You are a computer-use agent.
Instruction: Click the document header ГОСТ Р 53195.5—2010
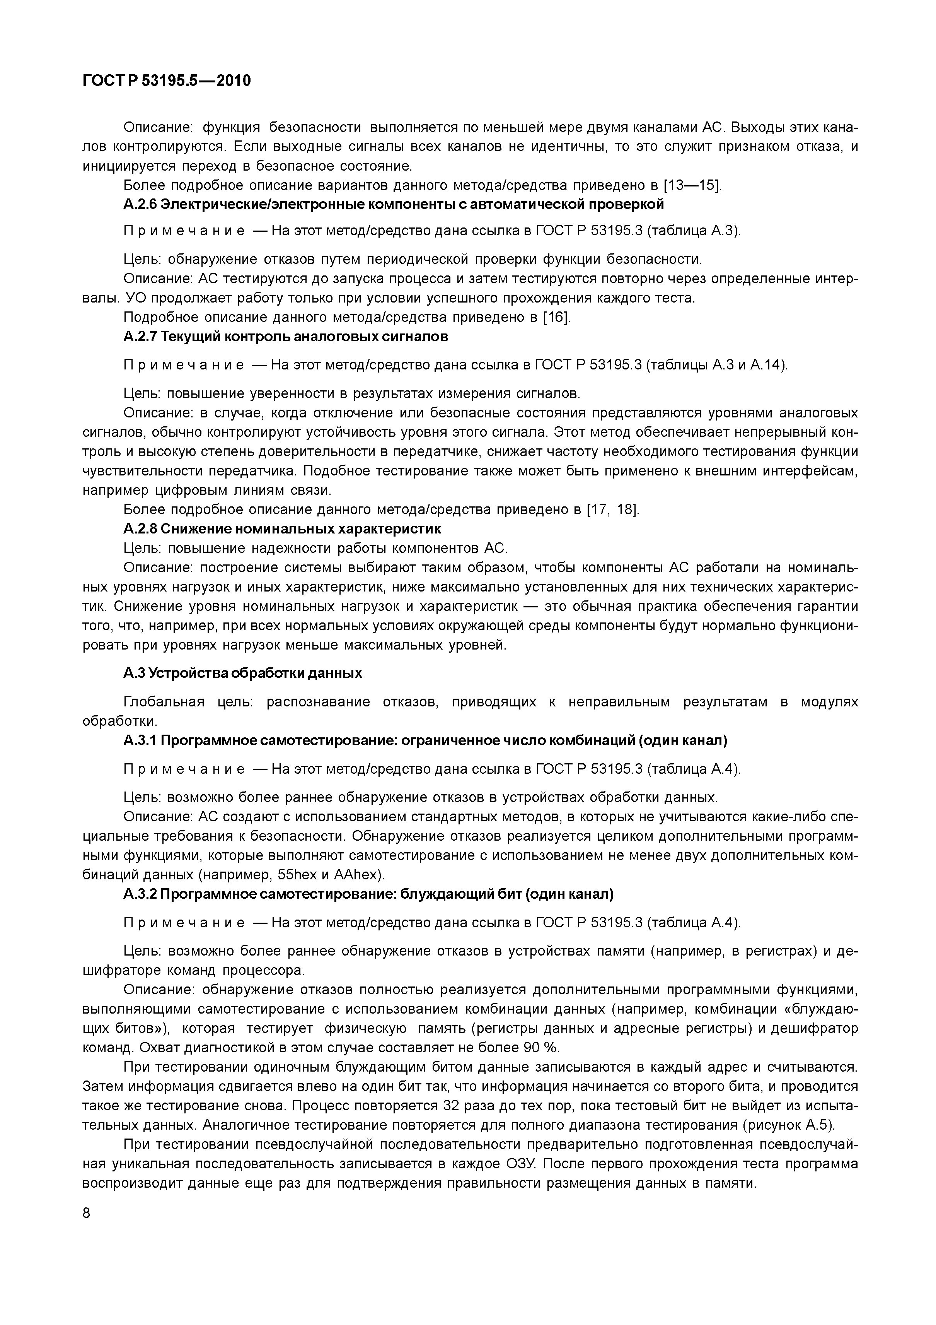[167, 81]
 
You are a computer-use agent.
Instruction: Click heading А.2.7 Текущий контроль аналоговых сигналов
[285, 337]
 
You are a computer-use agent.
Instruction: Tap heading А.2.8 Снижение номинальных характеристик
[282, 528]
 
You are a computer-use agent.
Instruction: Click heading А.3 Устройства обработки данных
[243, 673]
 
